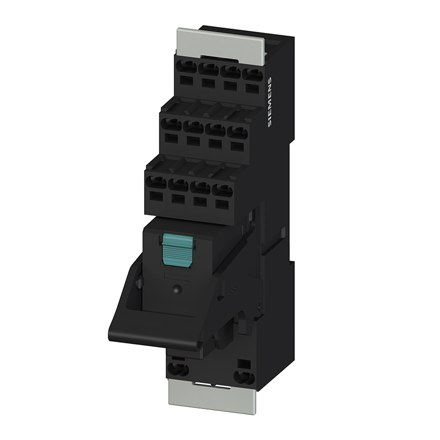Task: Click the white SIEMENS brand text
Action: pyautogui.click(x=269, y=102)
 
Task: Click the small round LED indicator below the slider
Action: pyautogui.click(x=177, y=289)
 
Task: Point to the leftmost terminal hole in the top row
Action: pyautogui.click(x=186, y=68)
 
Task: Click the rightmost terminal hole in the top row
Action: pyautogui.click(x=252, y=75)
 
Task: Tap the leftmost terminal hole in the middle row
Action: pyautogui.click(x=172, y=125)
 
